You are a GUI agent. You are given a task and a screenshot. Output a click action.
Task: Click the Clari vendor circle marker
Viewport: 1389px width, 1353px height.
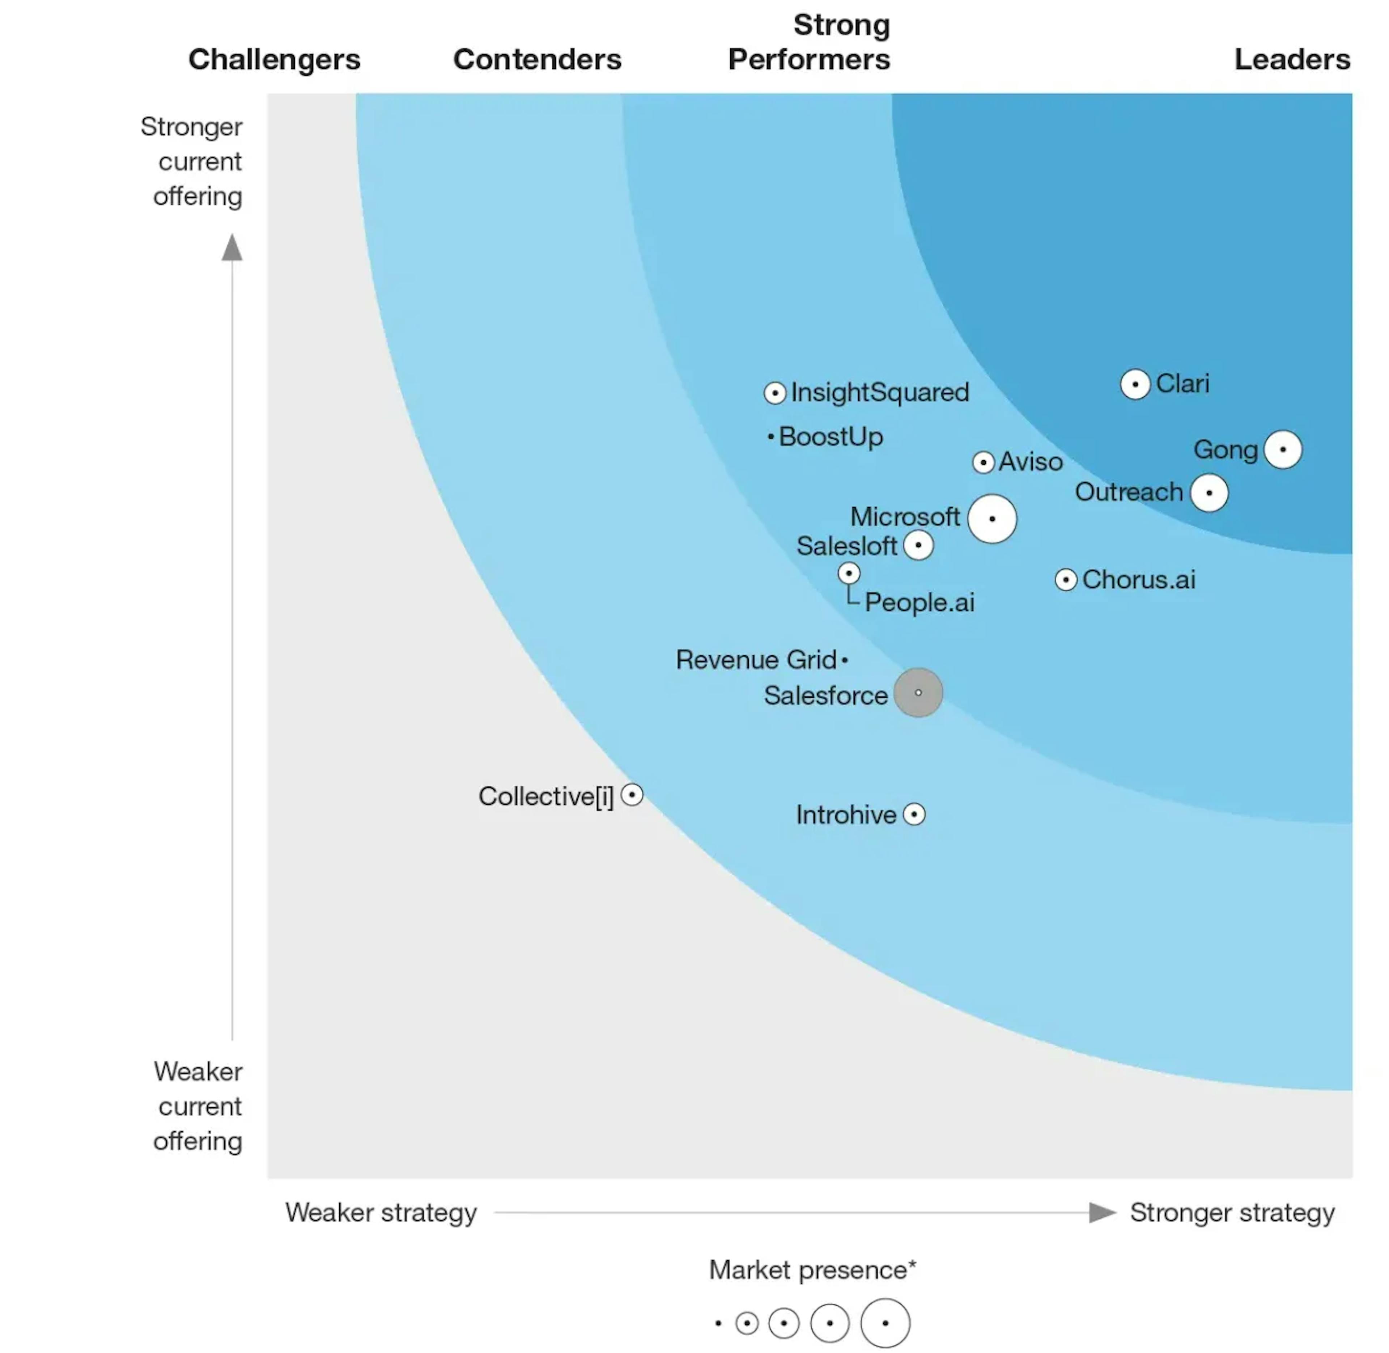coord(1135,384)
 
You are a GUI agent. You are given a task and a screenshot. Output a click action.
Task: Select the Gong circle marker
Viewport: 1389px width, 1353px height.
coord(1282,450)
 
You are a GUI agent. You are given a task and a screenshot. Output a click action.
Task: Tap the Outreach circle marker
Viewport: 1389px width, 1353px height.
coord(1209,492)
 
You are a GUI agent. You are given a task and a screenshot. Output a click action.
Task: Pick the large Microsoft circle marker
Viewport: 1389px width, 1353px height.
coord(992,519)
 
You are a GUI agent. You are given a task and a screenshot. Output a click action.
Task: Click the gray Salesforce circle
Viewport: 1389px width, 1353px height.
coord(918,692)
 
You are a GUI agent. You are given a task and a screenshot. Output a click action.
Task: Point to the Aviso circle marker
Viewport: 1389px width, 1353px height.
coord(983,462)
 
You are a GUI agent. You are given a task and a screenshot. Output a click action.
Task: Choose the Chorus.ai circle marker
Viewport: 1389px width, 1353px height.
coord(1066,580)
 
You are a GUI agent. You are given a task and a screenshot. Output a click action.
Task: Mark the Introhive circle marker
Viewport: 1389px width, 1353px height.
coord(914,814)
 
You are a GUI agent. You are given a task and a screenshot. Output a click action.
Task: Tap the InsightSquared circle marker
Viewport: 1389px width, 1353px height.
coord(774,393)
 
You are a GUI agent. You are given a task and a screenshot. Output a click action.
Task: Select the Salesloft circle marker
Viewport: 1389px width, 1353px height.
coord(918,546)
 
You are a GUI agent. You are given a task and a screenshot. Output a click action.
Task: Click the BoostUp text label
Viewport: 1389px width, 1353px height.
coord(831,436)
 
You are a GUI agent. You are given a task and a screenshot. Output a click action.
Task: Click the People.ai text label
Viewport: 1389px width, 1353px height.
coord(919,602)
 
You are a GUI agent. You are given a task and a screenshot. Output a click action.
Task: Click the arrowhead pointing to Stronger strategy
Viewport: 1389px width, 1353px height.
coord(1102,1212)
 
